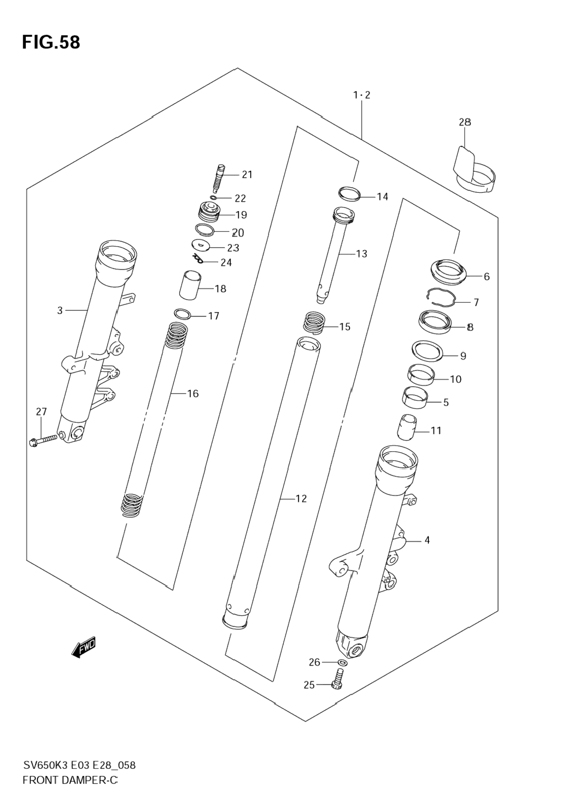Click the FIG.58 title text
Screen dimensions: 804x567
[x=51, y=42]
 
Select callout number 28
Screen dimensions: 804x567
[x=464, y=122]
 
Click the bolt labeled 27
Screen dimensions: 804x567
[x=44, y=440]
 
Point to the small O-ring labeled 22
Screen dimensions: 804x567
[x=213, y=197]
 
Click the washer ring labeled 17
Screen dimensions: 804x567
[x=182, y=313]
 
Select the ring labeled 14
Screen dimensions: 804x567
[x=350, y=193]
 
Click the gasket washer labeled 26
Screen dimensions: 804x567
[x=343, y=662]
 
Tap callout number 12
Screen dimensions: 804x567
[x=301, y=499]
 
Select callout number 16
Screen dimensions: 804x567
[x=193, y=393]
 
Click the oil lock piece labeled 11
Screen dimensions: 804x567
[x=407, y=427]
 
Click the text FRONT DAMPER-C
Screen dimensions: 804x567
[x=70, y=780]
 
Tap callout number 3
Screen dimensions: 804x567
[x=60, y=311]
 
